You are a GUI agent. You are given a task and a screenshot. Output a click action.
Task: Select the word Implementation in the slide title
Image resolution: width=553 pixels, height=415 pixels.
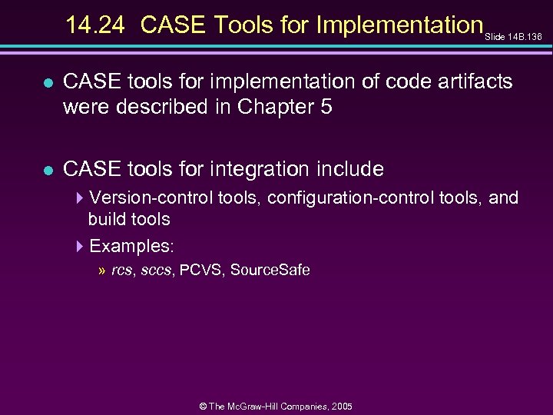399,25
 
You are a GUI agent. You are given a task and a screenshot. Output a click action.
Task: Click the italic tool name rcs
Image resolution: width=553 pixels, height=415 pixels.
121,271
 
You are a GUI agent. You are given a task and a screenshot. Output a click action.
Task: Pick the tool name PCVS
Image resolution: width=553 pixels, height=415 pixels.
201,271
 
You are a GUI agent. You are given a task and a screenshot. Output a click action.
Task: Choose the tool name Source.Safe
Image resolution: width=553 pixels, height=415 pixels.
270,271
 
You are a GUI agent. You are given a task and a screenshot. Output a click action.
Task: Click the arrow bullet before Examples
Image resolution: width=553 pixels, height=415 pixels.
81,247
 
